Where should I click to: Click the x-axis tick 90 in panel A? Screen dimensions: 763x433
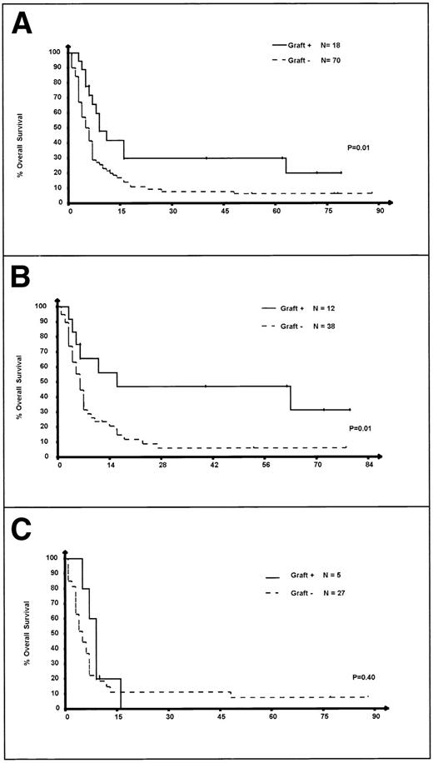[x=379, y=212]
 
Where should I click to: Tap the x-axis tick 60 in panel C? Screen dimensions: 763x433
[x=272, y=717]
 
